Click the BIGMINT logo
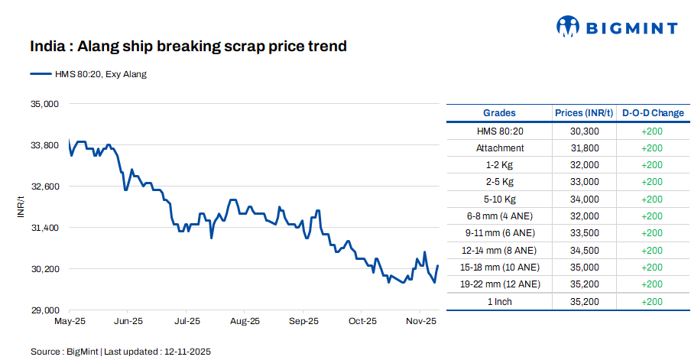coord(616,28)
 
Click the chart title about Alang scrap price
coord(188,47)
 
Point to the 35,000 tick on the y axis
coord(44,103)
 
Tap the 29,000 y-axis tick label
coord(44,310)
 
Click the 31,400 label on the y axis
coord(44,228)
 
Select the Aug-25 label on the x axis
coord(245,322)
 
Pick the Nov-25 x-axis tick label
coord(421,322)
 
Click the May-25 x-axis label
coord(69,322)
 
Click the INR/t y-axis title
coord(21,206)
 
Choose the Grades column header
coord(499,113)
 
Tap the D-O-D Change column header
coord(652,113)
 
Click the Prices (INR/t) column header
coord(584,113)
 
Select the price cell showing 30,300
coord(584,131)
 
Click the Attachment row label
coord(499,148)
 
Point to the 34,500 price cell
coord(584,250)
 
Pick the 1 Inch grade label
coord(499,301)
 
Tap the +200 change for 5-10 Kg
coord(652,199)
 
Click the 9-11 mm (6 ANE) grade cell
coord(499,233)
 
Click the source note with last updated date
coord(120,352)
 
